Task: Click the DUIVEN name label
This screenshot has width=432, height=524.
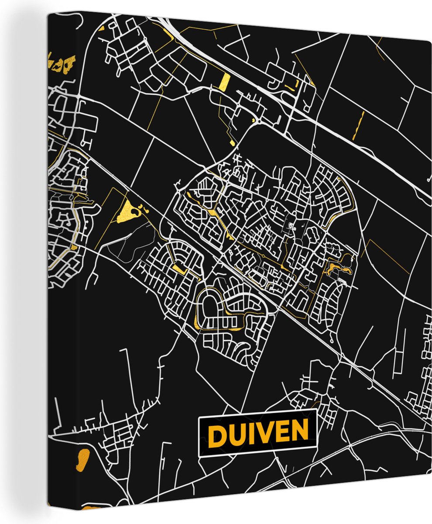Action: (x=258, y=433)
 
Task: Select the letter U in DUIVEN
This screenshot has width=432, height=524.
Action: (x=238, y=434)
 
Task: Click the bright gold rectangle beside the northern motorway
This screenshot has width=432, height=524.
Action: (x=225, y=81)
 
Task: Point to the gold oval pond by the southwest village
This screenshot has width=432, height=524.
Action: (x=82, y=460)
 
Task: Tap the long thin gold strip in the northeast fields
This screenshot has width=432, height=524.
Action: (x=358, y=125)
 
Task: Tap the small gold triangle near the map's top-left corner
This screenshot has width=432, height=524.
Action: (x=102, y=29)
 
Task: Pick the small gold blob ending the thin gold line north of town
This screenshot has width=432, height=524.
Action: (x=233, y=143)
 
